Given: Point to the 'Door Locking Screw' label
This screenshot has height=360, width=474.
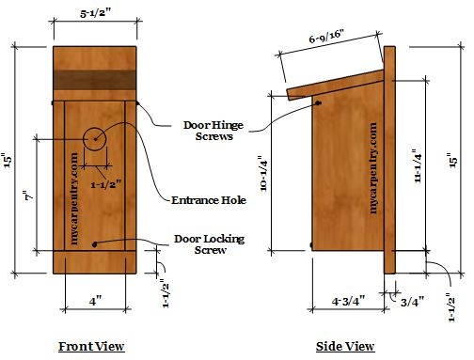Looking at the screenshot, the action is pos(207,244).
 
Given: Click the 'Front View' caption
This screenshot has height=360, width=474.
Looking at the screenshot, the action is pos(91,347).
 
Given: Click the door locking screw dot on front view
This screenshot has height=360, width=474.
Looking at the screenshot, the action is pos(95,244).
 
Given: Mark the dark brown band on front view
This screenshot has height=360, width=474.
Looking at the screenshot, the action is pos(95,82).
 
